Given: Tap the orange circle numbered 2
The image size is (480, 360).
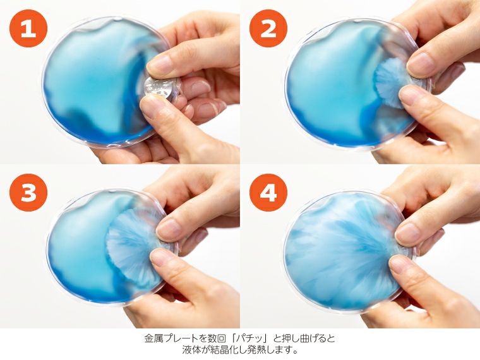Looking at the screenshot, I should (x=268, y=29).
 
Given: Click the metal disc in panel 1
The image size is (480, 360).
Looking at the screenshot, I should (x=159, y=88).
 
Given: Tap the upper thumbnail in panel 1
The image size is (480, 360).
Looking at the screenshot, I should (x=159, y=63).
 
